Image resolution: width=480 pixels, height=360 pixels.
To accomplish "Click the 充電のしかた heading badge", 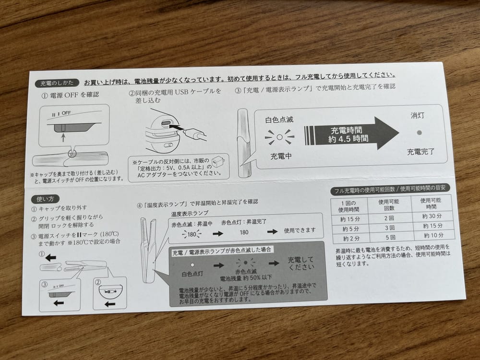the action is coord(57,83).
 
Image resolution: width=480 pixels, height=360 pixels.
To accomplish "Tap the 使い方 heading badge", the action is coord(45,199).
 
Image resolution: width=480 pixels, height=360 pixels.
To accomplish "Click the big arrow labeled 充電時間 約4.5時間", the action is coord(351,134).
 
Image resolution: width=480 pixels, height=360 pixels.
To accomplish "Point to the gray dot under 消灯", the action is coord(419,132).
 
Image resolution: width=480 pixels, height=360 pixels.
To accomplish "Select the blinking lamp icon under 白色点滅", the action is coord(279,137).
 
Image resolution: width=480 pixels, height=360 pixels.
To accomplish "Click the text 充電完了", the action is coord(420,152).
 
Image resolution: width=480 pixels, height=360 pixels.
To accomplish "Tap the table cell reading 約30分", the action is coord(432,216).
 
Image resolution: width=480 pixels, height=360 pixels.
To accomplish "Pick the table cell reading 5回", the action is coord(390,237).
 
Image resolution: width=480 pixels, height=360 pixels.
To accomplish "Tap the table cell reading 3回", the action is coord(390,228).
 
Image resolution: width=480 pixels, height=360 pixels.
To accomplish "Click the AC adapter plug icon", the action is coord(219,161).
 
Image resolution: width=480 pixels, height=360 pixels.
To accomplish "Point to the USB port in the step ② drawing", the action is coord(166,123).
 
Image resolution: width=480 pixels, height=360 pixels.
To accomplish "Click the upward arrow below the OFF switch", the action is coord(63,137).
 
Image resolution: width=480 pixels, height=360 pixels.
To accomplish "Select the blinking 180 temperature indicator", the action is coord(192,235).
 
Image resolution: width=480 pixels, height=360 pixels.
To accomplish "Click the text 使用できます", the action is coord(300,230).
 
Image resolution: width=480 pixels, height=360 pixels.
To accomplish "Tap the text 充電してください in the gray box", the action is coord(300,263).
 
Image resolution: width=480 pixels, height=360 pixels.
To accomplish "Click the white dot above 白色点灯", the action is coord(192,265).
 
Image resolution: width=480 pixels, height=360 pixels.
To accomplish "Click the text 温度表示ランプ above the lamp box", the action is coord(190,213).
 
